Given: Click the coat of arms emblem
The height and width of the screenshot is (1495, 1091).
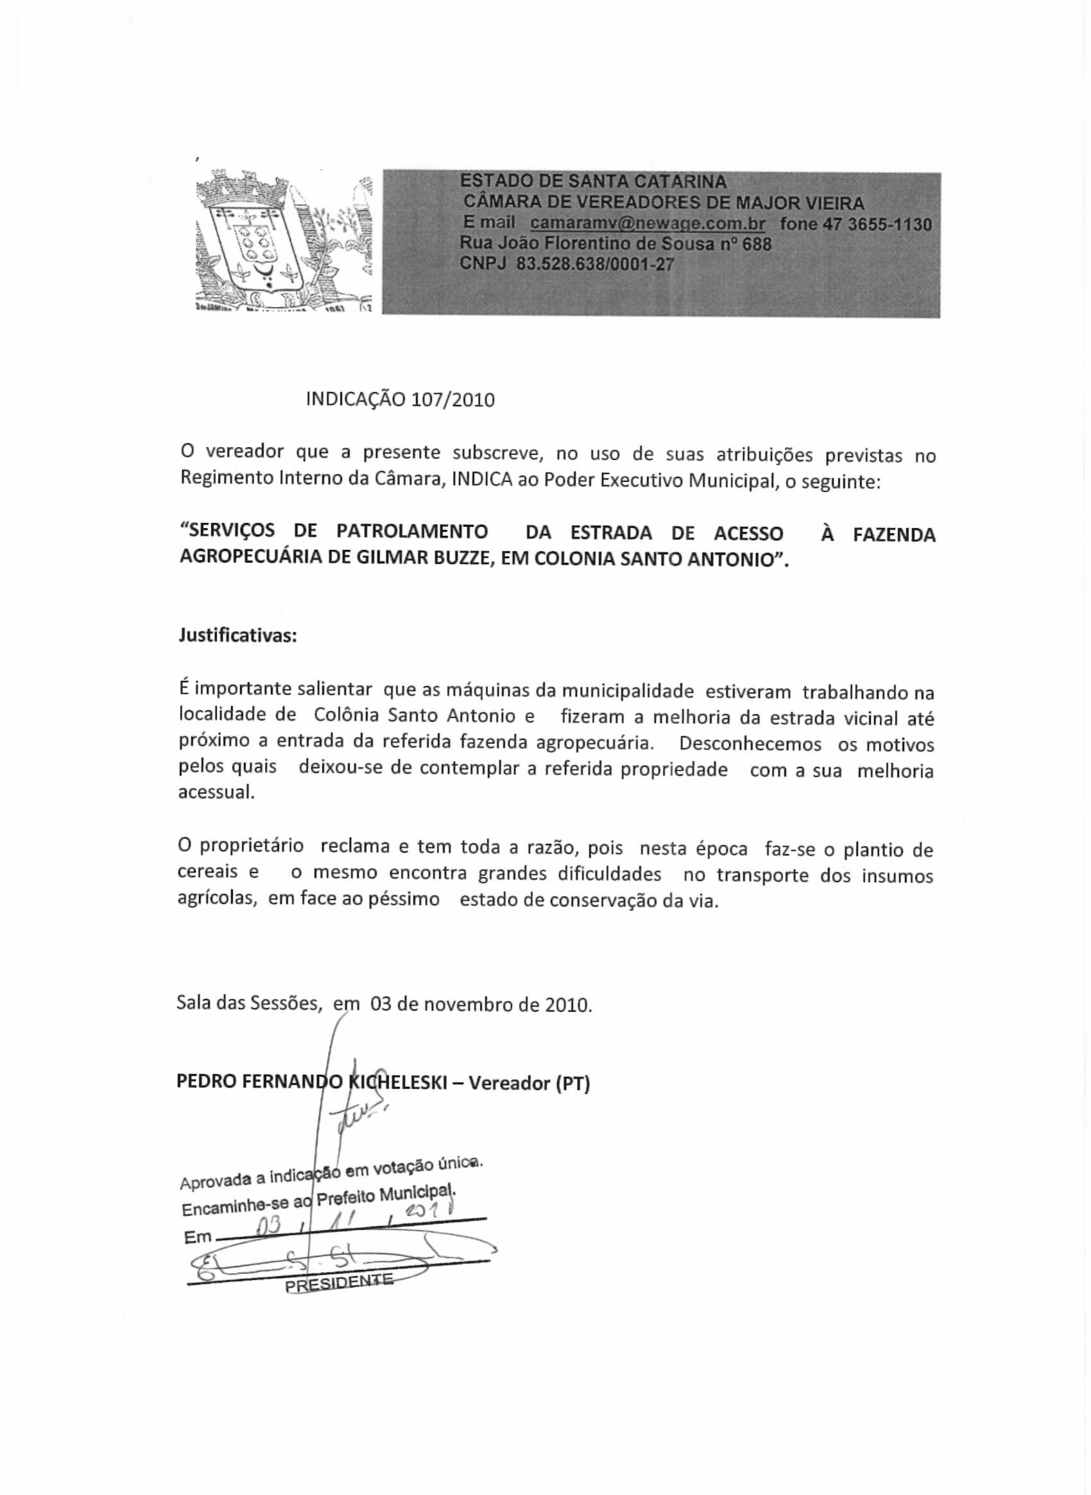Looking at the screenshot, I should click(284, 241).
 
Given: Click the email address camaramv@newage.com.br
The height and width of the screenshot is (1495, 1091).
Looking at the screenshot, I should click(647, 223).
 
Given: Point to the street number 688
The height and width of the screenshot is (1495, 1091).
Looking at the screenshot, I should click(757, 244).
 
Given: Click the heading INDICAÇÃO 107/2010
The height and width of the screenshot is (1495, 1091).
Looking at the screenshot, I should click(400, 400).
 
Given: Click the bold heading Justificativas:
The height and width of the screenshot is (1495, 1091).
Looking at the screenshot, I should click(237, 636).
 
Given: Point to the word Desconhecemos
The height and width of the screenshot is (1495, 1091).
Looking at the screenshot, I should click(750, 744).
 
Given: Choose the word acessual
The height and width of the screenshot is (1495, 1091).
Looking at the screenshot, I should click(216, 793).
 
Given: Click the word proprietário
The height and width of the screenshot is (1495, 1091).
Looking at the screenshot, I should click(252, 846).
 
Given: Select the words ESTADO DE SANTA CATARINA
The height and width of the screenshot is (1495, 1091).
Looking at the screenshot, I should click(593, 181).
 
